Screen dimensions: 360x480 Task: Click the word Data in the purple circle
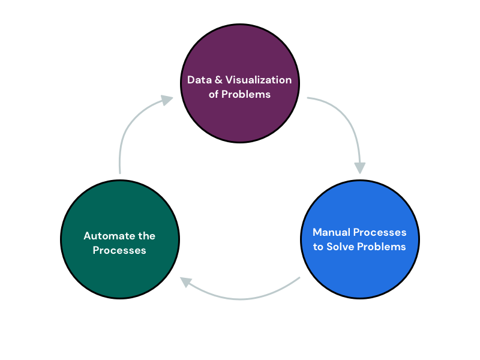(199, 80)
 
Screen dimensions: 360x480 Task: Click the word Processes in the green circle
(119, 250)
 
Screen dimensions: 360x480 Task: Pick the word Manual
(331, 232)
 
